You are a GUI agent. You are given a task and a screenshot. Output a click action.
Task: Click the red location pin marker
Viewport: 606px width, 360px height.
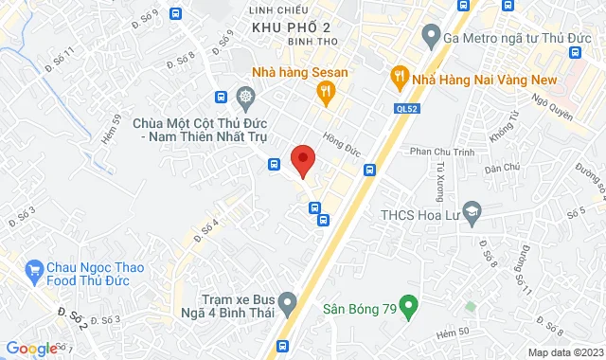302,159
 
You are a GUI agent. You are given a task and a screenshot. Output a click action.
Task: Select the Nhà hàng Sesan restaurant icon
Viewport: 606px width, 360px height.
325,91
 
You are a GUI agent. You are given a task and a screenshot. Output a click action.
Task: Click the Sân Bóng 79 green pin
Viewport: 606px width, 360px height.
408,306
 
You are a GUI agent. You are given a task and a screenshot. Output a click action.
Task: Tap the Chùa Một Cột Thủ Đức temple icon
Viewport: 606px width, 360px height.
245,98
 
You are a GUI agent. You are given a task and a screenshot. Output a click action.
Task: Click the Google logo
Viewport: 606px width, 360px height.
31,349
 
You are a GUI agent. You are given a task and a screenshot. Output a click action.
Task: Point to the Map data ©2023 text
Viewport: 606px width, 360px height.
563,352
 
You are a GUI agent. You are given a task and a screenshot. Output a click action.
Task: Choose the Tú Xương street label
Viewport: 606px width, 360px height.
440,176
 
